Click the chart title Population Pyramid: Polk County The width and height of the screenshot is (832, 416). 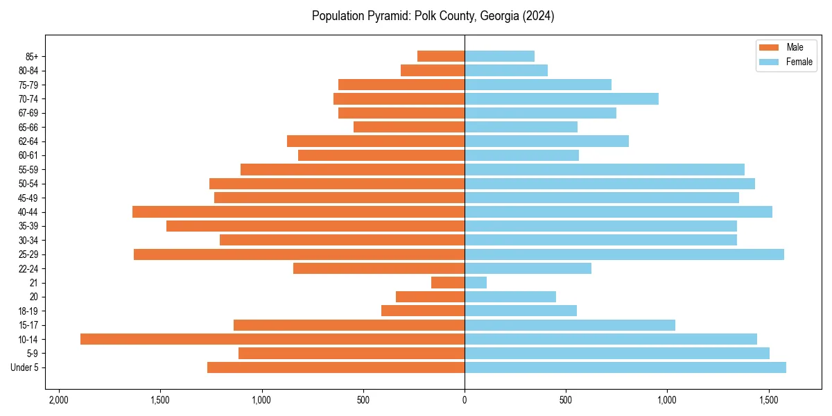433,16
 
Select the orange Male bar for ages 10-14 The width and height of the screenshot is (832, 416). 272,339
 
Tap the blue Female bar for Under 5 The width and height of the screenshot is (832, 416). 625,367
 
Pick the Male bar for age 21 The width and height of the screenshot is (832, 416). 448,282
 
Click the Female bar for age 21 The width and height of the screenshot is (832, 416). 476,282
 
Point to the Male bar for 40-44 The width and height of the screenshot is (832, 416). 298,211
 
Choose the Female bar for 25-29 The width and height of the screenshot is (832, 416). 624,254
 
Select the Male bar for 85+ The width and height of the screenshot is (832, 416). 441,56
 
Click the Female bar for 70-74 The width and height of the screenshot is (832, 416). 562,98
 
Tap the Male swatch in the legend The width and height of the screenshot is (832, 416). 770,47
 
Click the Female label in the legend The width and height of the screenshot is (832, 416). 799,62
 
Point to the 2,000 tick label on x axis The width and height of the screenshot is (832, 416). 58,400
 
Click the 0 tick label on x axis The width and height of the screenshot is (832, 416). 465,400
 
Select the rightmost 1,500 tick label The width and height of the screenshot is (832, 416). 768,400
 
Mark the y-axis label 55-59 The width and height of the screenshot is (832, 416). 28,169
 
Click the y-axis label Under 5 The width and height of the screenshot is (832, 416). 25,367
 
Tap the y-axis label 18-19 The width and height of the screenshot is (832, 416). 28,311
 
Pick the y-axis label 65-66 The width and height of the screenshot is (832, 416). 28,127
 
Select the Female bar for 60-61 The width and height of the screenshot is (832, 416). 521,155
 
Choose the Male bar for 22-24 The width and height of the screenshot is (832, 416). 379,268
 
